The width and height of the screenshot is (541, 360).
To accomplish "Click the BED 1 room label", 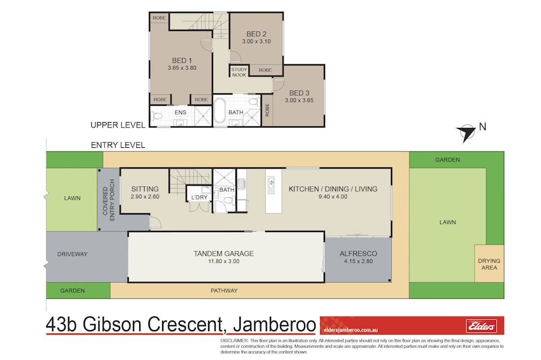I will pyautogui.click(x=182, y=60).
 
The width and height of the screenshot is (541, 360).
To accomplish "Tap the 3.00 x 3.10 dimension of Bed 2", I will pyautogui.click(x=257, y=41).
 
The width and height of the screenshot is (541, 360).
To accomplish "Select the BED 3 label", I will pyautogui.click(x=297, y=93).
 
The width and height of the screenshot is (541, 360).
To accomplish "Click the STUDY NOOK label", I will pyautogui.click(x=239, y=72).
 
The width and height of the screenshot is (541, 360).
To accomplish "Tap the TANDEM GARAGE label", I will pyautogui.click(x=223, y=253).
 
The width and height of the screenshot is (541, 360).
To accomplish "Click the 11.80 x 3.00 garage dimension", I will pyautogui.click(x=223, y=261).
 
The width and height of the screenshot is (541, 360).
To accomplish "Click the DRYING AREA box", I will pyautogui.click(x=489, y=264).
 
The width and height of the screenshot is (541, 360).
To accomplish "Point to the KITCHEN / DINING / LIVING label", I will pyautogui.click(x=333, y=189).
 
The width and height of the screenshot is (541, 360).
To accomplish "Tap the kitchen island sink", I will pyautogui.click(x=272, y=185).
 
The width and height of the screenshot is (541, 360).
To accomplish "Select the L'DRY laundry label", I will pyautogui.click(x=199, y=198).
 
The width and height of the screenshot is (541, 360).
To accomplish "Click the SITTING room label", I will pyautogui.click(x=145, y=189).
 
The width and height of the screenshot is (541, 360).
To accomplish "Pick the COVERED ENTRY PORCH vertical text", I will pyautogui.click(x=108, y=200).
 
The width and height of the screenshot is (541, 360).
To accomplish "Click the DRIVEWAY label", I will pyautogui.click(x=72, y=254).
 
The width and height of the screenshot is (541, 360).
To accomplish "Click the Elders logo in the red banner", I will pyautogui.click(x=481, y=325).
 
